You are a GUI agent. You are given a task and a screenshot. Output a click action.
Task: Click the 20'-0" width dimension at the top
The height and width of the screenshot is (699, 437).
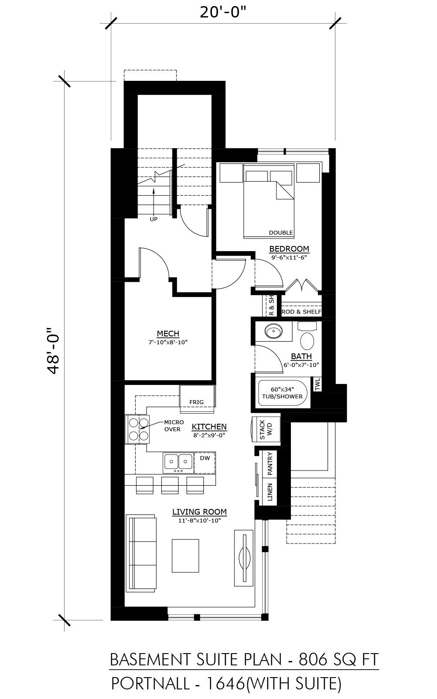point(222,12)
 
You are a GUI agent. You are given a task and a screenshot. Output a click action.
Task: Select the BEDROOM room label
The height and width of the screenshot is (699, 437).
point(289,249)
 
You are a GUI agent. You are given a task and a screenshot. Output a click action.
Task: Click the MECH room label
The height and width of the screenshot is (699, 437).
point(168,334)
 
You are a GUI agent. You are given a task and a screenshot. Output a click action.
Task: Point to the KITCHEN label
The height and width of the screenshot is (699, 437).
point(209,426)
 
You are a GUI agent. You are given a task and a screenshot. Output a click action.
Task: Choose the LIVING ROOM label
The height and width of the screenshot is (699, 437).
point(199,512)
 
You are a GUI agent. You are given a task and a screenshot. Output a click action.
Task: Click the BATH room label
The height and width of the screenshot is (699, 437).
point(301,356)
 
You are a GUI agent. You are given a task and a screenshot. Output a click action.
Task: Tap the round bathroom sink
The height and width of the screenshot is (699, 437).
point(273,331)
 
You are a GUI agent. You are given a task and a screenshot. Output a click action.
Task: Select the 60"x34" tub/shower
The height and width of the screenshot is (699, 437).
point(283,393)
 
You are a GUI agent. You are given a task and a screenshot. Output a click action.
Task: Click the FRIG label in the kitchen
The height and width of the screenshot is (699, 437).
point(197,402)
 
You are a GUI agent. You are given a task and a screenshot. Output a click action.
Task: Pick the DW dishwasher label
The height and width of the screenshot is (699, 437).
point(205,458)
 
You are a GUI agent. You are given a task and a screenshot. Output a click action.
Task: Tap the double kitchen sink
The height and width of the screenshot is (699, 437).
point(178,463)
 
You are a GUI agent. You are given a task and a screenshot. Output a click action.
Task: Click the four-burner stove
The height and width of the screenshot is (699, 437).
point(137,429)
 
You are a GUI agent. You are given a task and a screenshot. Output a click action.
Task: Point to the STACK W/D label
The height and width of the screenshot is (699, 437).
point(266,429)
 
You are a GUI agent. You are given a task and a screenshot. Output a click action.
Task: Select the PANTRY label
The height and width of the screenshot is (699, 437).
point(270,464)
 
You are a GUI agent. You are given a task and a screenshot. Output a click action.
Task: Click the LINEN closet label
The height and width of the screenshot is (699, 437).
point(270,492)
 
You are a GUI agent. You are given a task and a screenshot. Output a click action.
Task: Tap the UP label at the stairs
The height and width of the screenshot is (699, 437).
point(154,219)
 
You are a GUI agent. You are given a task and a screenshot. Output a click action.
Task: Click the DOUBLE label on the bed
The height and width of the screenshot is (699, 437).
point(281,232)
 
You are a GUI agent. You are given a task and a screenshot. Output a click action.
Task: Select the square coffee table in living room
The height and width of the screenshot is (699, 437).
point(185,555)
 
